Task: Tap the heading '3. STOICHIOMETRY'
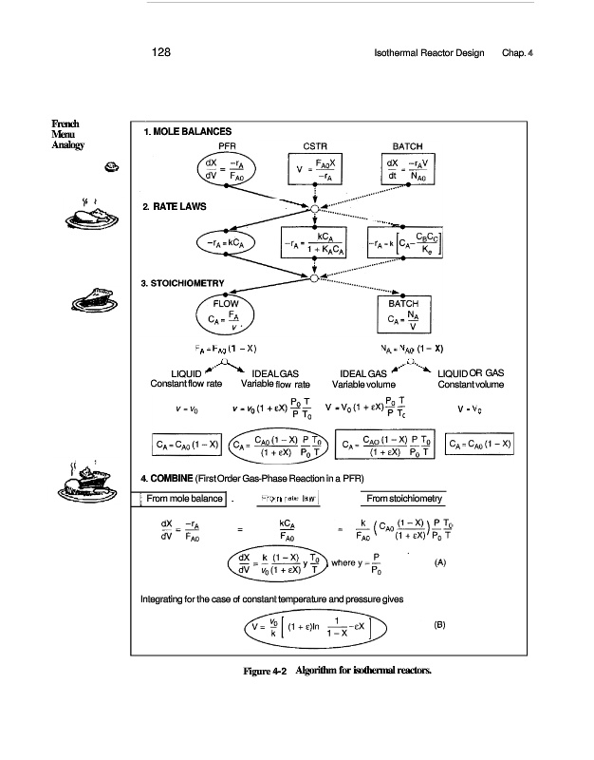click(182, 281)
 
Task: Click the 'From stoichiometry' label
click(404, 499)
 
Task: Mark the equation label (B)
click(439, 625)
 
